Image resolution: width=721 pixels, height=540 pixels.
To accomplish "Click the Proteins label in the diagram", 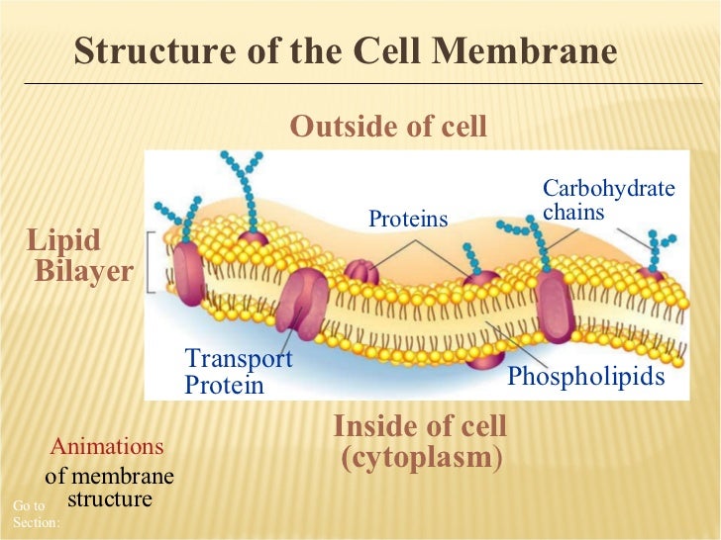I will (408, 219).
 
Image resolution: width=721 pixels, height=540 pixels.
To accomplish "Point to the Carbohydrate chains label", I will (608, 200).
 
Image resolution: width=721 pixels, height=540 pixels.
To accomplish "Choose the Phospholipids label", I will (585, 377).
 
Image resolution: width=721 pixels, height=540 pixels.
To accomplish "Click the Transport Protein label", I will (238, 372).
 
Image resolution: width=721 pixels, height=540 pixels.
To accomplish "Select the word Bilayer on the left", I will (83, 271).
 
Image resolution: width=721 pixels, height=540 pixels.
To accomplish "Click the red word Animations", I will (107, 446).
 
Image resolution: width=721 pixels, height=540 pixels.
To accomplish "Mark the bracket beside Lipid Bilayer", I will (150, 263).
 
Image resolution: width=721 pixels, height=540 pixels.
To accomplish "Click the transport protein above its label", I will (300, 300).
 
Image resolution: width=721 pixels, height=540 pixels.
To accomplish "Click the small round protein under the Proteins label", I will (361, 272).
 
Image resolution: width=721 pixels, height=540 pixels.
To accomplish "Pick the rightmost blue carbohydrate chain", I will (657, 244).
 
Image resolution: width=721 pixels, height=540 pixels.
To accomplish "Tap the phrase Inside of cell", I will (420, 427).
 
